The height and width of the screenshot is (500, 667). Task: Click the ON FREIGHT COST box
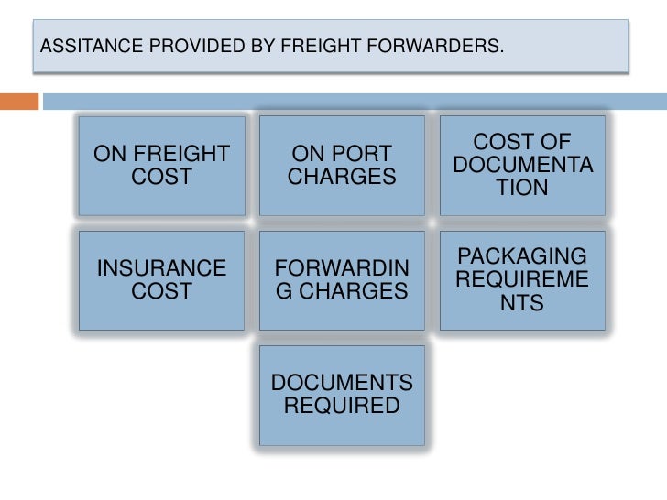162,166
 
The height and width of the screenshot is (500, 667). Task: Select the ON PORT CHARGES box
342,166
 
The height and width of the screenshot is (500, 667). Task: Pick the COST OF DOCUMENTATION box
522,166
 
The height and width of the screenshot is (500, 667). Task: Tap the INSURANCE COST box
162,280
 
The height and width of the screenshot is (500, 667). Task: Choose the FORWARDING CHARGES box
342,280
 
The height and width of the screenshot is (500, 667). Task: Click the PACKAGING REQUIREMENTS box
522,280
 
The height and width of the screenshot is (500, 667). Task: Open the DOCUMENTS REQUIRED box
342,395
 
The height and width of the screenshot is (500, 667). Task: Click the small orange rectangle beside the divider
19,101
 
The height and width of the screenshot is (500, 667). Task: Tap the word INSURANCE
162,268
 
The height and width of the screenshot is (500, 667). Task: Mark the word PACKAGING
522,257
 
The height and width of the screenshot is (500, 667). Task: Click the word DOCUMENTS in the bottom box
342,383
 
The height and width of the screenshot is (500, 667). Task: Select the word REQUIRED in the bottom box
342,406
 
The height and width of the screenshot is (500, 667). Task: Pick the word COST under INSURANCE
162,291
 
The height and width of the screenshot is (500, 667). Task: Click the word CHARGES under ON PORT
342,177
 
